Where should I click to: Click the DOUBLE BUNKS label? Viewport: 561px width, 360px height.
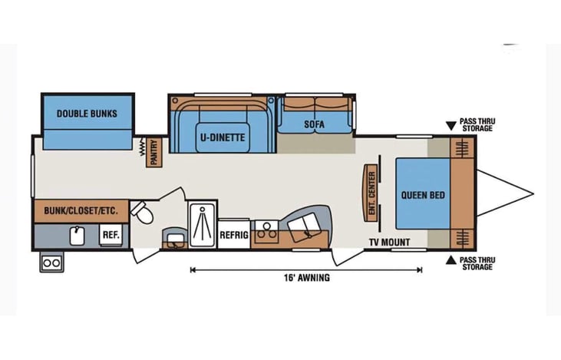(x=87, y=114)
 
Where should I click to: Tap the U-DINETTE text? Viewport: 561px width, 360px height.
(x=223, y=138)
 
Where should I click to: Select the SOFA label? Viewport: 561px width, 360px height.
(x=314, y=124)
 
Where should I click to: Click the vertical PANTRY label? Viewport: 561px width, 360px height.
(x=154, y=152)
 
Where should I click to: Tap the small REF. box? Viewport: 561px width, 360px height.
(x=110, y=235)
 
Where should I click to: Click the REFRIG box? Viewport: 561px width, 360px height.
(x=234, y=235)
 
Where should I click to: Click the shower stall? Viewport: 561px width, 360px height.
(x=203, y=223)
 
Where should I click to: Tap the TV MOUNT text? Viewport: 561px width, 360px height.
(x=390, y=243)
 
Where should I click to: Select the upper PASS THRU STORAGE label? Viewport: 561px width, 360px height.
(x=477, y=125)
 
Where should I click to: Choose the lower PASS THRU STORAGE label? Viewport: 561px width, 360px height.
(x=477, y=263)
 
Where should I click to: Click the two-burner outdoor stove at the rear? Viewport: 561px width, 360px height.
(x=51, y=263)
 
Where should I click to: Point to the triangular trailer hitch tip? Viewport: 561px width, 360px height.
(x=530, y=194)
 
